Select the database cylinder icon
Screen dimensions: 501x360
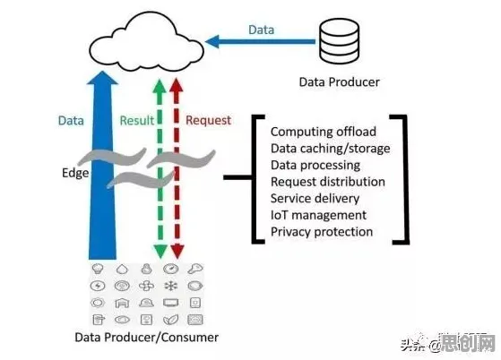tap(339, 41)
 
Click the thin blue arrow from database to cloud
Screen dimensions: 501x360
tap(260, 41)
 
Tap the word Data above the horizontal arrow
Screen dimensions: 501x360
tap(261, 30)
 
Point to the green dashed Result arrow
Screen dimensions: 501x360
tap(160, 168)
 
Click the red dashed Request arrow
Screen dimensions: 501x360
tap(177, 168)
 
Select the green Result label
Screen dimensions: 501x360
tap(137, 121)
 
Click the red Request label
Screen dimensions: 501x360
tap(208, 120)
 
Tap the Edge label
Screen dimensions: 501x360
tap(75, 174)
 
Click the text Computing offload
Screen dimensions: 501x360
tap(324, 132)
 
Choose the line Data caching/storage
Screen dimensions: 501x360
tap(331, 149)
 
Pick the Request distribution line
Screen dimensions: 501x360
tap(328, 182)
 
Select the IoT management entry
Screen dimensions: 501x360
tap(318, 215)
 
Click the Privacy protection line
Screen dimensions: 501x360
tap(322, 232)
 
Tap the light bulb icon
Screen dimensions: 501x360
tap(98, 269)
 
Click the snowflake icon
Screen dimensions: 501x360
tap(170, 286)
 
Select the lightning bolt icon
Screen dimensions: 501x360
tap(98, 286)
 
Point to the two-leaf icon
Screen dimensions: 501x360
tap(170, 320)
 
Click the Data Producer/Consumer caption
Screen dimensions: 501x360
tap(147, 338)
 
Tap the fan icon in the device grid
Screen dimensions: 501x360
tap(146, 286)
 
